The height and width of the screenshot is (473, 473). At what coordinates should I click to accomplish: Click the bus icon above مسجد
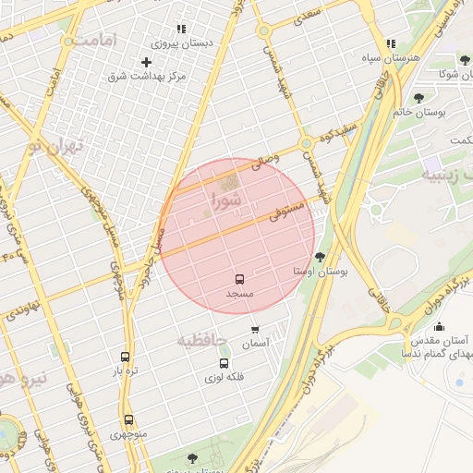coord(239,278)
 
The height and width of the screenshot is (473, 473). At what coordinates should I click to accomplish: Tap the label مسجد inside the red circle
coord(239,293)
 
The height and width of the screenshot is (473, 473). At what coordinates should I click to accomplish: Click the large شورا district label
coord(227,199)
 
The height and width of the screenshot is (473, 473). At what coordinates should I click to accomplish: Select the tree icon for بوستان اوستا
coord(321,257)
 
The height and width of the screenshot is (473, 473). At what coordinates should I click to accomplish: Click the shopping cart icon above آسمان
coord(255,329)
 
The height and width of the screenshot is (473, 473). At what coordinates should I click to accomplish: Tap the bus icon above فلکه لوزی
coord(224,362)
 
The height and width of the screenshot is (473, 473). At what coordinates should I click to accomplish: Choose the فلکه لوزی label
coord(224,377)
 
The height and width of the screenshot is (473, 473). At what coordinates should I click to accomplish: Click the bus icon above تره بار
coord(125,357)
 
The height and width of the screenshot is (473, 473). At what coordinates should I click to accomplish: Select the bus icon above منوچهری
coord(128,419)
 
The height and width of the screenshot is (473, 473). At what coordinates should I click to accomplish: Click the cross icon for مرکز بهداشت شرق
coord(146,62)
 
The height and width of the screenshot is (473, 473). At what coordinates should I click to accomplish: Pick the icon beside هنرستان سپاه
coord(391,43)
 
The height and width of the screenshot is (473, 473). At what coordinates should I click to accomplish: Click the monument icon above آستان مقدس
coord(439,325)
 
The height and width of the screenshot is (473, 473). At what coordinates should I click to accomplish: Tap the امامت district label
coord(96,42)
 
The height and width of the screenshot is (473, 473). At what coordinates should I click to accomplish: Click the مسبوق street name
coord(286,214)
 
